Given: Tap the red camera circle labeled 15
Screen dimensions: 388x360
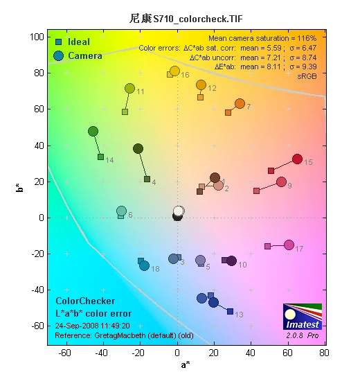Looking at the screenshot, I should point(297,159).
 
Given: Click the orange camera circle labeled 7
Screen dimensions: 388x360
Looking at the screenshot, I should point(240,103).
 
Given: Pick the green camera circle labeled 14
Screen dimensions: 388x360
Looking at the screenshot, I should point(93,131).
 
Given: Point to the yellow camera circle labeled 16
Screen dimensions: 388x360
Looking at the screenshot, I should point(174,71).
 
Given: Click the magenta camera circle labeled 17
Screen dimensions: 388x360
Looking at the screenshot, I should point(289,245).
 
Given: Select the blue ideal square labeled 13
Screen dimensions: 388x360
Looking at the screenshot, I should point(230,311).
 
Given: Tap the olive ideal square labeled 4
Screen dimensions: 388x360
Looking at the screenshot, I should point(147,179).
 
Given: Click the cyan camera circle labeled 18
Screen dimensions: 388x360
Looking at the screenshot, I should point(144,265).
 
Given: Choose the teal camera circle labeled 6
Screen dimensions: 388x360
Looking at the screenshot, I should point(121,211).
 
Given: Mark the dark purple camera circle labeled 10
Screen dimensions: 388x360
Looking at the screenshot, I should point(231,261).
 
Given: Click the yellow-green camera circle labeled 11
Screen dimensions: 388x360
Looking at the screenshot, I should point(129,88).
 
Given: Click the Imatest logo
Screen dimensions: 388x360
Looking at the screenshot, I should point(303,321).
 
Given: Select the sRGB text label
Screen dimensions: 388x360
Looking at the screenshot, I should point(307,76).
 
